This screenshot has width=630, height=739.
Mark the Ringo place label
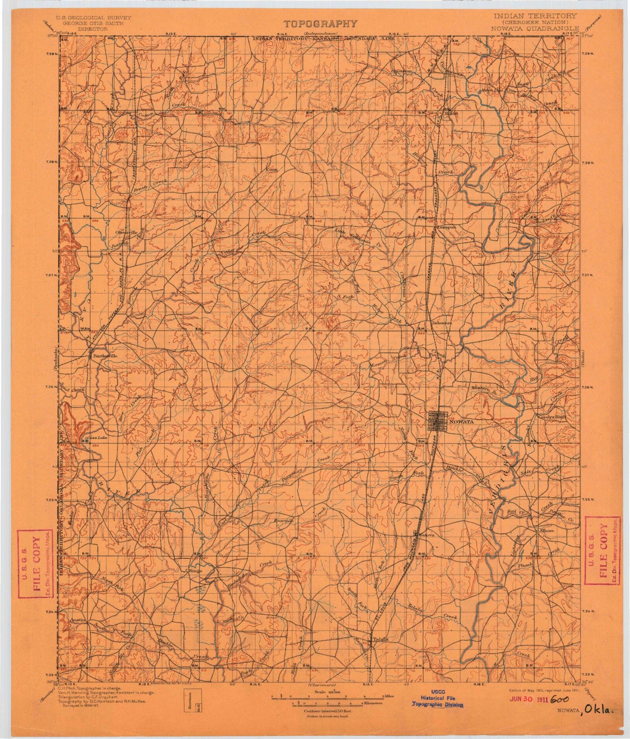tap(196, 571)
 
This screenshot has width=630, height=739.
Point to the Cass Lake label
tap(95, 439)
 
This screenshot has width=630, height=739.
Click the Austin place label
tap(78, 619)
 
